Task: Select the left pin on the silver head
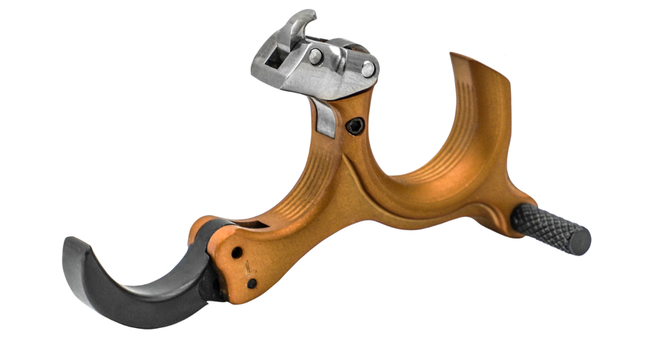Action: [315, 57]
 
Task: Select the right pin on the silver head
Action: [367, 68]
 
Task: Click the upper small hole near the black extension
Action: [237, 252]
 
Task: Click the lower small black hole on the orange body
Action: [252, 283]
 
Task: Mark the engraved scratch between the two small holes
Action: [247, 267]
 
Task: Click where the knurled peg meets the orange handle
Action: [516, 218]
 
